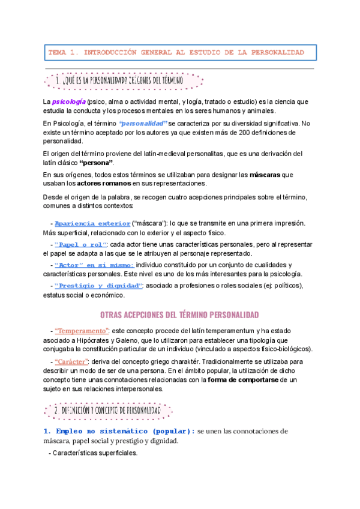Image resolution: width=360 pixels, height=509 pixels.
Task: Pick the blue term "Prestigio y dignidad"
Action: pos(98,285)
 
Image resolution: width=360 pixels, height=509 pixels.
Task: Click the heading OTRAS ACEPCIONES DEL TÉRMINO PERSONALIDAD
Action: pos(179,315)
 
